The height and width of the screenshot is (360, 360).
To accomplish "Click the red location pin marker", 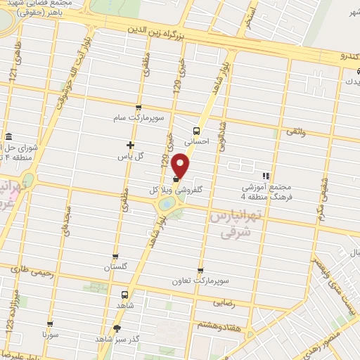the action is coord(181,167).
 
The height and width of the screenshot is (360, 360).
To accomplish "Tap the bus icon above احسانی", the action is coord(196,129).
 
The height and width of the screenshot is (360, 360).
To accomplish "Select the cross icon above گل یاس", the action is coord(130,144).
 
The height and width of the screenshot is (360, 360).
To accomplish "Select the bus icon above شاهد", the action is coord(125,295).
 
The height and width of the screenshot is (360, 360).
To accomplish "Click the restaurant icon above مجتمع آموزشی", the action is coord(265,176).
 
